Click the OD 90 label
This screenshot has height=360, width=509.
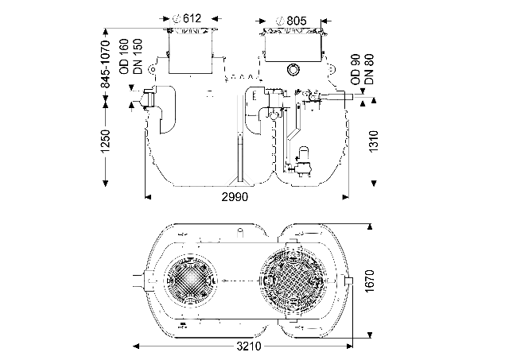coord(356,71)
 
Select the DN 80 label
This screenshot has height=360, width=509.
coord(369,71)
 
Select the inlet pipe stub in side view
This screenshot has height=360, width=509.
coord(145,100)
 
